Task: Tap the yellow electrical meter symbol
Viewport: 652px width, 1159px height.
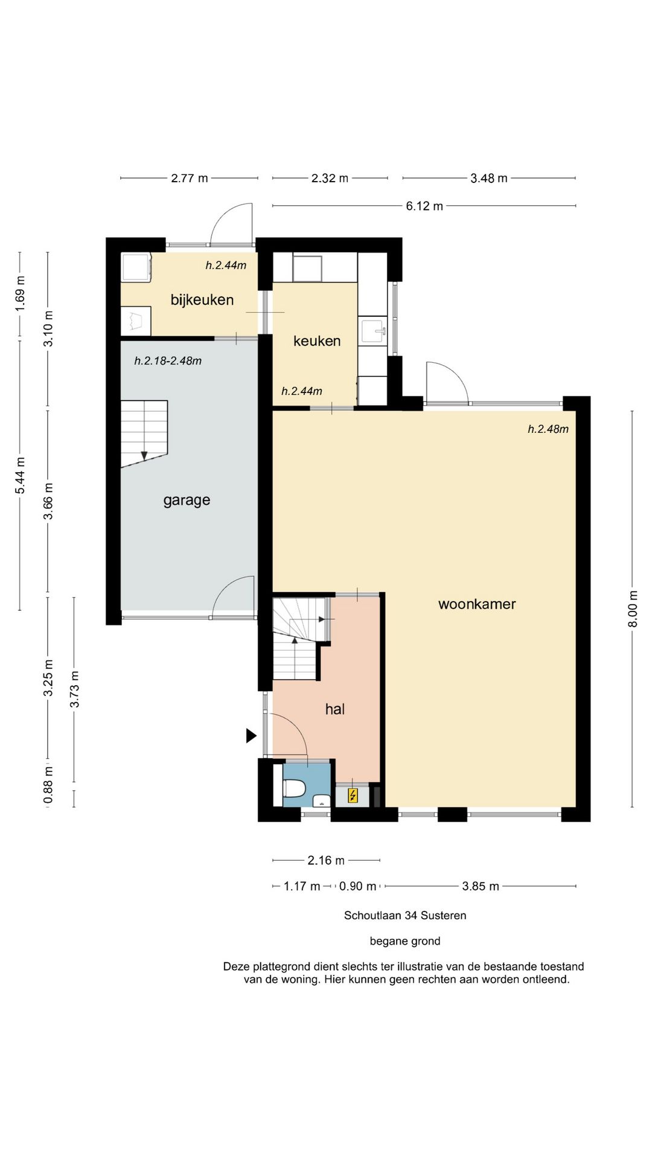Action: (x=353, y=796)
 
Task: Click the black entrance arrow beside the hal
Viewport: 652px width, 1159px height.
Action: (x=251, y=735)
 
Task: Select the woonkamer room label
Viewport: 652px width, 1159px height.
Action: (x=477, y=604)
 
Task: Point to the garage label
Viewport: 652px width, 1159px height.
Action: (x=187, y=500)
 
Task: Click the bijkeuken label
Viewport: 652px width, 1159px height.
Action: (x=202, y=300)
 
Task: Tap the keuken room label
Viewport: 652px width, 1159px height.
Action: (x=317, y=341)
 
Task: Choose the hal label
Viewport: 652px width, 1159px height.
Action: (x=335, y=709)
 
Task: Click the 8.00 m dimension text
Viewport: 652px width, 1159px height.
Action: (x=633, y=608)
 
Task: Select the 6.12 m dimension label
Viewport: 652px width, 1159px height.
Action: (x=424, y=206)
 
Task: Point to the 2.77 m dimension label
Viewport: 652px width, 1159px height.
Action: (x=190, y=178)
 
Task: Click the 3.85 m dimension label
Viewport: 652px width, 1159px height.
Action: (x=481, y=886)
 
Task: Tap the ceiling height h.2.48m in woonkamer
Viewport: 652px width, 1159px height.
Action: (x=548, y=429)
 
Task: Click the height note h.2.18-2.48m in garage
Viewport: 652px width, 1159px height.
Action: (x=168, y=361)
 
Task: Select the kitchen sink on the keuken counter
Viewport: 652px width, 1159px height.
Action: (x=372, y=330)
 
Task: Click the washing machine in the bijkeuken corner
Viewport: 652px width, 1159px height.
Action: (x=136, y=267)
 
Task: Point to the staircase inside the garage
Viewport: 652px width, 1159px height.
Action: (x=144, y=433)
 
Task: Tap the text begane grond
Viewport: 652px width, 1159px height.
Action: (x=405, y=941)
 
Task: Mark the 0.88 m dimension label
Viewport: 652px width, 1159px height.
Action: (x=48, y=785)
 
